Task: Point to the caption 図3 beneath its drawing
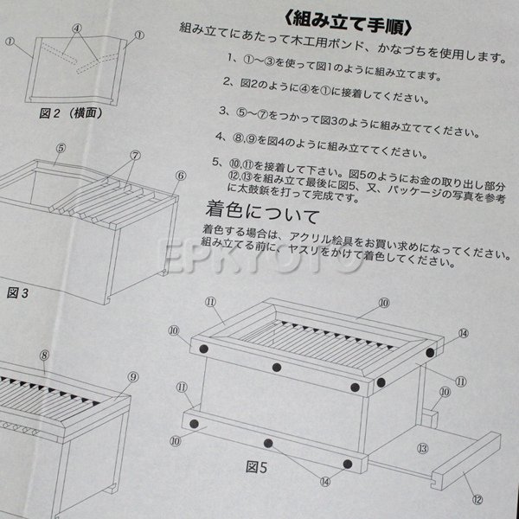click(18, 292)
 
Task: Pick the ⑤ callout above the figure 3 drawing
click(61, 148)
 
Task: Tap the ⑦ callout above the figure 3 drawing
click(135, 156)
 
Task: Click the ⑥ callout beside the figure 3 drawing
click(180, 176)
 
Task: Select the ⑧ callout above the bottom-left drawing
click(42, 355)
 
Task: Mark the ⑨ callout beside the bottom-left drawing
click(132, 376)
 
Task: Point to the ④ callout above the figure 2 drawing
click(77, 27)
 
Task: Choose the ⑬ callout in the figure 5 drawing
click(423, 449)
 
